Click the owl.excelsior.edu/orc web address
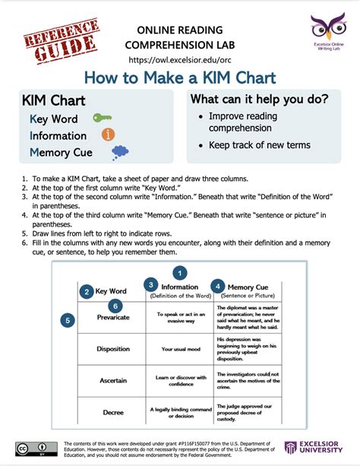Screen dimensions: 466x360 tap(179, 59)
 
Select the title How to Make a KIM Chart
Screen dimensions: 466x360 tap(179, 78)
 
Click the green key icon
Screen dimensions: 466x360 tap(101, 119)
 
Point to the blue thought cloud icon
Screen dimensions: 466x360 tap(119, 152)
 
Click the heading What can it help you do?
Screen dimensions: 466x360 tap(259, 100)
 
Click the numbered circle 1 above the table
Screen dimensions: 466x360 tap(179, 272)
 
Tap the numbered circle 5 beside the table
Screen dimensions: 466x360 tap(69, 321)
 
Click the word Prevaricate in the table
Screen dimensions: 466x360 tap(113, 317)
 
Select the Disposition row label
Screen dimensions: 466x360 tap(113, 349)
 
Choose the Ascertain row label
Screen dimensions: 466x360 tap(113, 380)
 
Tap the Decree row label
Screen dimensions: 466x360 tap(113, 412)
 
